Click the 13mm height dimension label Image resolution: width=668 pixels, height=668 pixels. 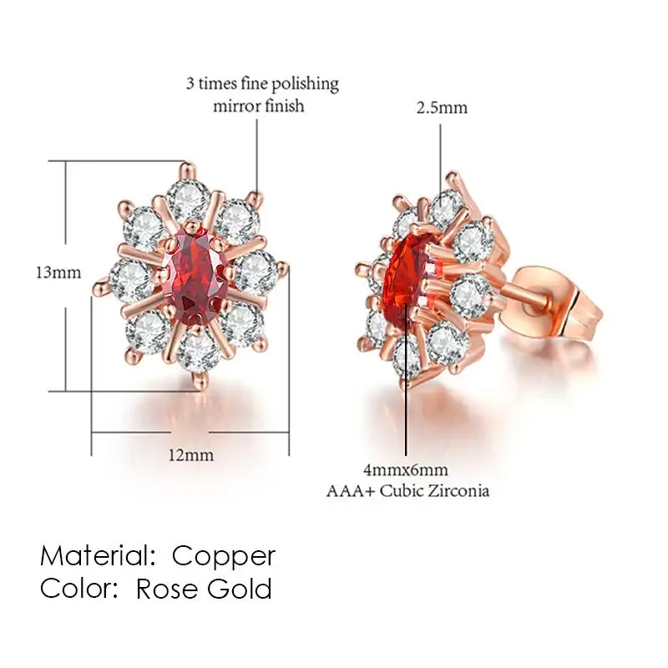pos(58,273)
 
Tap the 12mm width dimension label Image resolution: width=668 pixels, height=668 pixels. pos(190,455)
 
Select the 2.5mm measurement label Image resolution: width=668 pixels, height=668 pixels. pos(442,108)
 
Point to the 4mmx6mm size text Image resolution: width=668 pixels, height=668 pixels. pos(406,470)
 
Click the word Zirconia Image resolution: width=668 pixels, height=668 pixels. pos(458,491)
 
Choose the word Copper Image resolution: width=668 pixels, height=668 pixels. pos(224,557)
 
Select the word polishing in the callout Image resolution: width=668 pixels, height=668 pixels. pos(305,83)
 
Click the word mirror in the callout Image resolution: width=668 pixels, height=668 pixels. pos(234,106)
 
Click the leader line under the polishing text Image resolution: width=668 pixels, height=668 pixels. pos(256,157)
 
